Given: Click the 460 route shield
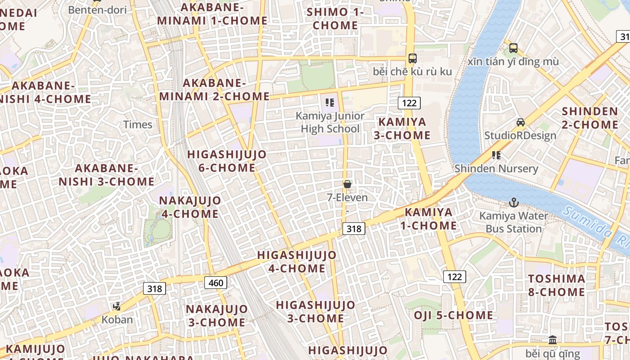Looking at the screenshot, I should point(216,283).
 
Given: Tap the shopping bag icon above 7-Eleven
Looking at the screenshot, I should point(347,184).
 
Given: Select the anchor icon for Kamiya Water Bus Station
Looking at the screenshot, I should point(514,202).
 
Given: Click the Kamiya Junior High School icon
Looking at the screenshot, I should point(330,103).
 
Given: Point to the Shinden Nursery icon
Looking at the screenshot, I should point(496,155).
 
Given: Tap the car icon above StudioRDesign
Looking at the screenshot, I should point(521,122).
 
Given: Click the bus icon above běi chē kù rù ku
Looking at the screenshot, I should point(412,58).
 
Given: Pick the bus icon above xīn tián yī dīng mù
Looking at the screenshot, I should point(513,48).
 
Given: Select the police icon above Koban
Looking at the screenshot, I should point(117,306).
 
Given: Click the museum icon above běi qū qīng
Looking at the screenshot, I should point(553,340).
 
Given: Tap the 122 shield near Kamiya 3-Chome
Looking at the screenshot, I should point(409,103).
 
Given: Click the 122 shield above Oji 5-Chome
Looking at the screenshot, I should point(454,276).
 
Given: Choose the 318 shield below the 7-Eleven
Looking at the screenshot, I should point(354,229).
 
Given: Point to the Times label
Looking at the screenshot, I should point(138,125).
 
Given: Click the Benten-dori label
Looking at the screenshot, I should point(98,9).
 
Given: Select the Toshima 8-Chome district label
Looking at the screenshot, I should point(557,285).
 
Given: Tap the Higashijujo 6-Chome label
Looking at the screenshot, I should point(227,161).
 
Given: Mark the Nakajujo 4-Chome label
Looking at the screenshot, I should point(190,207).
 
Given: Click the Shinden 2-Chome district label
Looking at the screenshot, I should point(590,118).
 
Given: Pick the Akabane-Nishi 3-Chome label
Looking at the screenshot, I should point(107,175).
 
